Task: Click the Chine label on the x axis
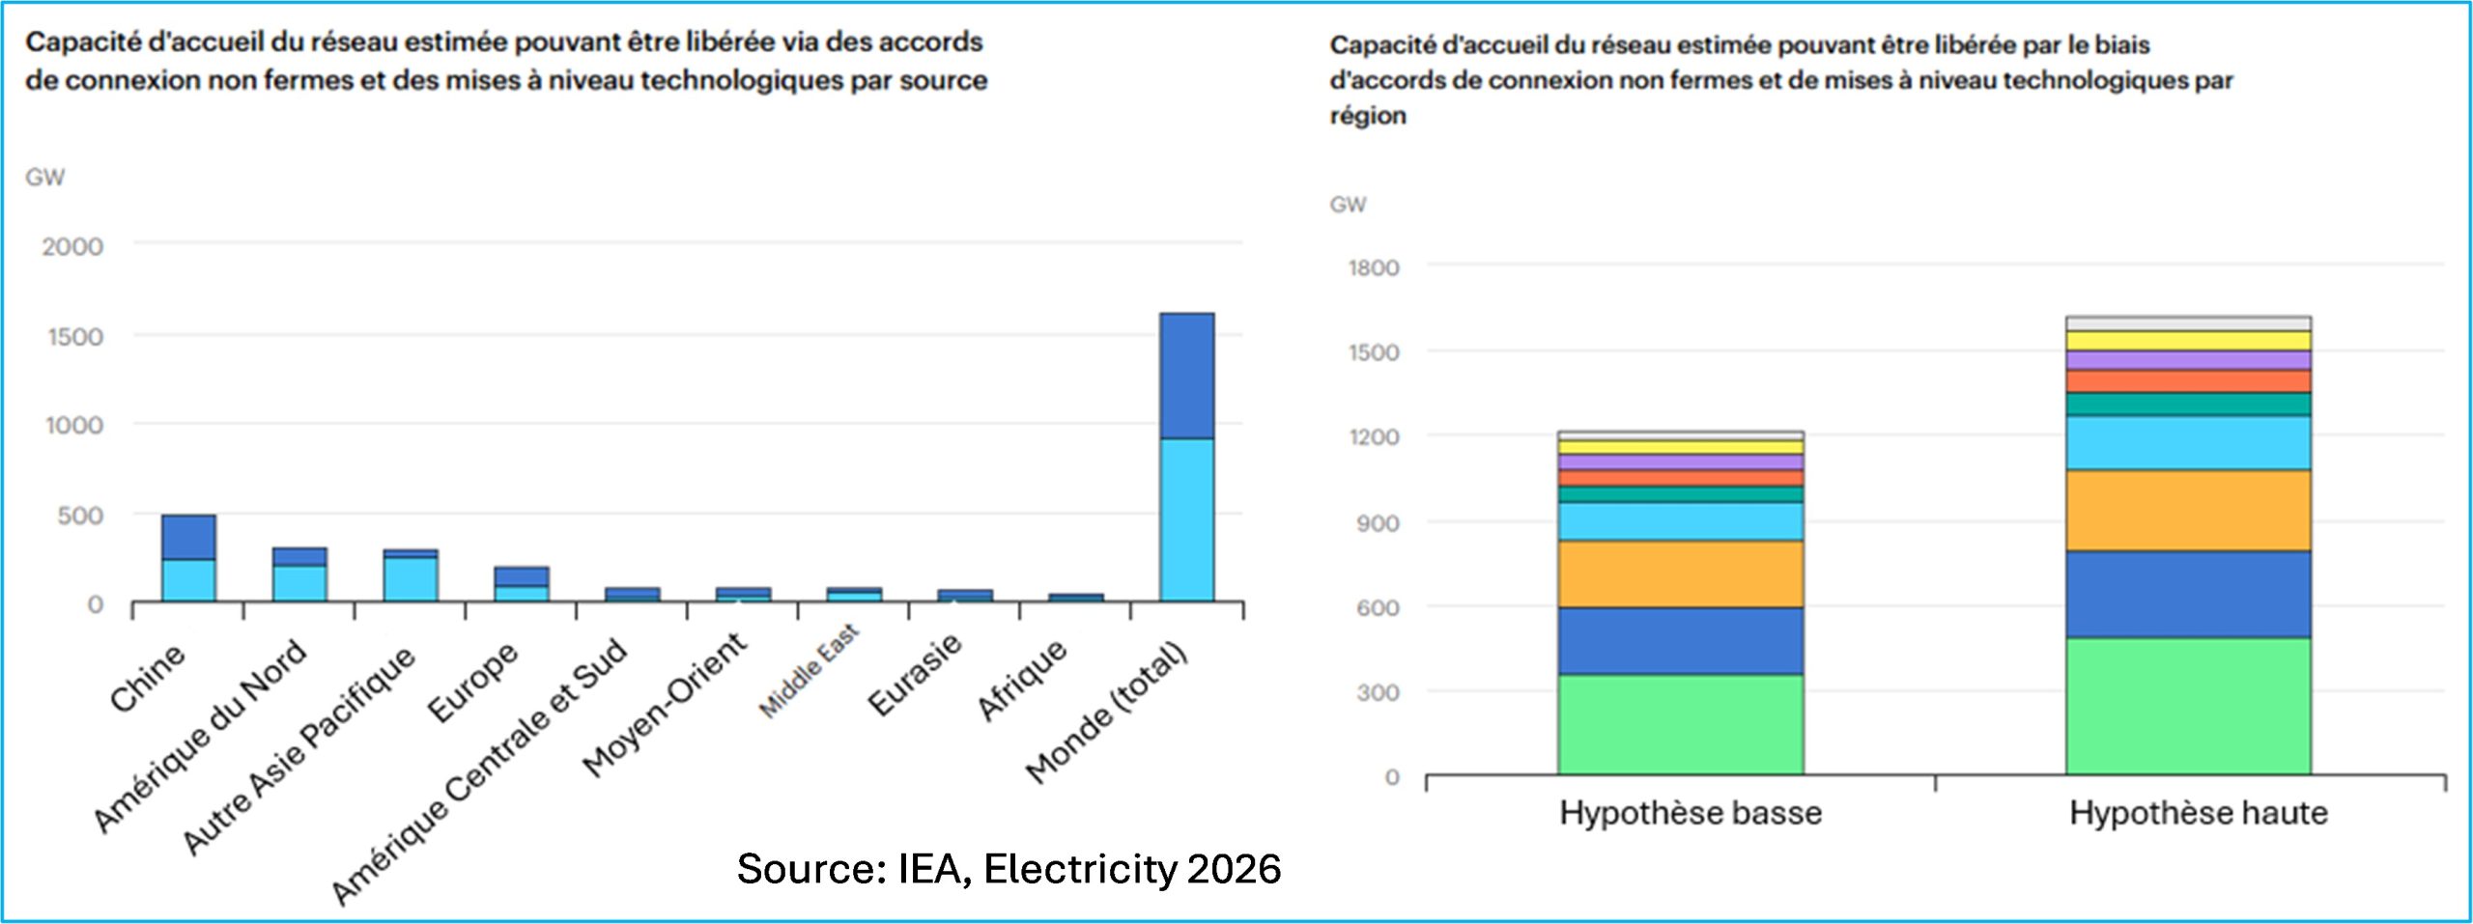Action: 147,678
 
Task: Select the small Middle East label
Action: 809,671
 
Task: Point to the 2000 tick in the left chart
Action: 72,247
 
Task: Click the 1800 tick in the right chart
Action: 1374,268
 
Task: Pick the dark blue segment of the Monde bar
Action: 1186,376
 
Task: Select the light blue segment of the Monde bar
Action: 1186,520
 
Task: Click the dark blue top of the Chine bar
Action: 188,537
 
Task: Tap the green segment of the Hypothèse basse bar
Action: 1680,724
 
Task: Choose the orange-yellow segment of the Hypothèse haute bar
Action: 2188,511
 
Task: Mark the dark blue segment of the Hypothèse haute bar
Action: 2188,595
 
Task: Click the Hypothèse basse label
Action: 1691,813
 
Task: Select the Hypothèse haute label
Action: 2198,813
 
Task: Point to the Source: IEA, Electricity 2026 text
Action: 1009,869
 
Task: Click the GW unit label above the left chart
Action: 44,178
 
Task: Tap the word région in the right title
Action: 1368,116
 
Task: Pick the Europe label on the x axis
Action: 473,682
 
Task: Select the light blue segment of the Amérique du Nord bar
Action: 299,583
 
